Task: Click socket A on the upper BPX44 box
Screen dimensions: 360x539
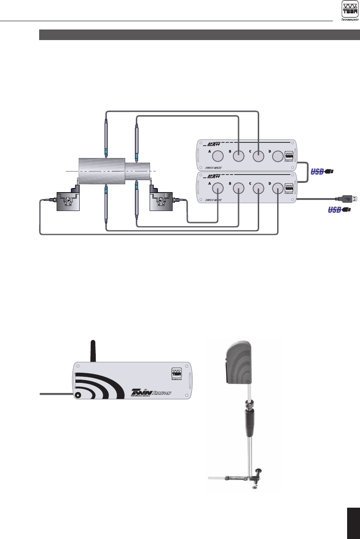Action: pyautogui.click(x=218, y=157)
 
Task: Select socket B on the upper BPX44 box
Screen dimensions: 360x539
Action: pyautogui.click(x=238, y=157)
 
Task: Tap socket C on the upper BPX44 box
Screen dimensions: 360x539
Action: pyautogui.click(x=258, y=157)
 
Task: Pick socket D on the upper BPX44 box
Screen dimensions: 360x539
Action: pyautogui.click(x=278, y=157)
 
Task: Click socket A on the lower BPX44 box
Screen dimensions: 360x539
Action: pyautogui.click(x=218, y=188)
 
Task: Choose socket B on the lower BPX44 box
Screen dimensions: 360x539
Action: pyautogui.click(x=238, y=188)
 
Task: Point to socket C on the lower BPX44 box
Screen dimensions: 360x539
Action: pyautogui.click(x=258, y=188)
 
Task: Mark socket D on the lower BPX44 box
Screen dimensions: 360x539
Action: pyautogui.click(x=278, y=188)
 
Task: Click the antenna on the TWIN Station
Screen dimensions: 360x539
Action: pyautogui.click(x=93, y=350)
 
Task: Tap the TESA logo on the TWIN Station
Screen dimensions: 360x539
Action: pyautogui.click(x=176, y=373)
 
